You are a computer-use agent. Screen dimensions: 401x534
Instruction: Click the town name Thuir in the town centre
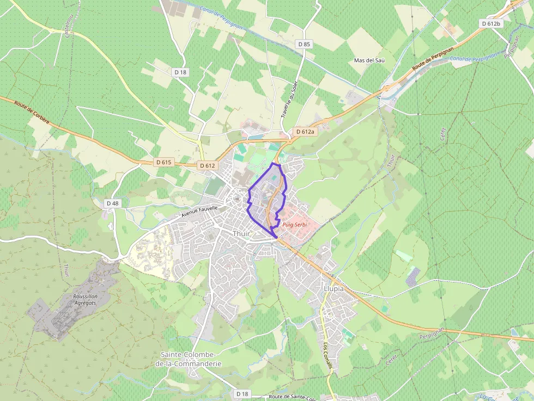coord(241,233)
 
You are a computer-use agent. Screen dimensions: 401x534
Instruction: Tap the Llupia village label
coord(333,289)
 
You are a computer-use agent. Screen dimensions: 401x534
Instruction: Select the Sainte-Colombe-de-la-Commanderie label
coord(189,359)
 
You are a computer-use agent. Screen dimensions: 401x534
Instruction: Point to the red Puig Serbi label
coord(295,225)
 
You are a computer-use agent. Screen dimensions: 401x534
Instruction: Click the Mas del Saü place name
coord(369,60)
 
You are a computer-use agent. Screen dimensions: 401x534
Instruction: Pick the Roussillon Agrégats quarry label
coord(85,299)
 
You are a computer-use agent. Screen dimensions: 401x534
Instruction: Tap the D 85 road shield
coord(304,44)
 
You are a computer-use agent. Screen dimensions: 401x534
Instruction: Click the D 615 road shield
coord(163,162)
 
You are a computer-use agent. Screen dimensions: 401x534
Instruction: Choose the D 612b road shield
coord(491,23)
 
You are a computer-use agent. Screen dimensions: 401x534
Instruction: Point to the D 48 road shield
coord(112,203)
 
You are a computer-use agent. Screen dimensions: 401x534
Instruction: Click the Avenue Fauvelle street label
coord(199,212)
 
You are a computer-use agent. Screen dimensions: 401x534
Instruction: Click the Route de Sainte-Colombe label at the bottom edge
coord(292,397)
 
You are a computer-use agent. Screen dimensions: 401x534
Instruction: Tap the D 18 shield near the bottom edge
coord(242,393)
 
